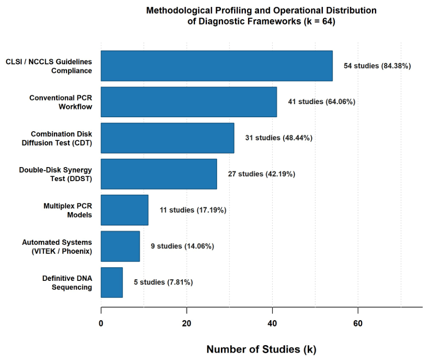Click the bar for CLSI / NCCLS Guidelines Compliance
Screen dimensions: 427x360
click(217, 66)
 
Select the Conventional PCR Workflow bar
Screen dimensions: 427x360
click(189, 102)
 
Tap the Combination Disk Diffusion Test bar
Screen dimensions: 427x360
click(168, 138)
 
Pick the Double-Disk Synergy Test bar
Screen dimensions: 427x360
click(159, 174)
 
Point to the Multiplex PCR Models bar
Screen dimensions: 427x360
click(124, 210)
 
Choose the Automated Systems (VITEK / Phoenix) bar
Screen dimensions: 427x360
click(120, 246)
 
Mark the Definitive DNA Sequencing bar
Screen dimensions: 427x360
click(112, 283)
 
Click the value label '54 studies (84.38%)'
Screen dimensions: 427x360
click(377, 66)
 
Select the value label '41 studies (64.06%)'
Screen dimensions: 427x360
click(322, 102)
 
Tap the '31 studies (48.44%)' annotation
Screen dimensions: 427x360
click(279, 138)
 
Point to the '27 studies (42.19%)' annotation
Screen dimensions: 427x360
click(262, 174)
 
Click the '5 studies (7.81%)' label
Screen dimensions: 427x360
click(163, 282)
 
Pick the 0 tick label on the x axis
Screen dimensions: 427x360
click(101, 324)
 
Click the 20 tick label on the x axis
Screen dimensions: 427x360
click(186, 324)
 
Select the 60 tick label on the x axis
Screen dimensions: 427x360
click(358, 324)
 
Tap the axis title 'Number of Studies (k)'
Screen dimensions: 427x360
click(262, 350)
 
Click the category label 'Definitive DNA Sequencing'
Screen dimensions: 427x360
click(67, 283)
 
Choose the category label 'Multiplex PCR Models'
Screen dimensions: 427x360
click(68, 210)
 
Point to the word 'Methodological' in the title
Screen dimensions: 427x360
click(179, 10)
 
